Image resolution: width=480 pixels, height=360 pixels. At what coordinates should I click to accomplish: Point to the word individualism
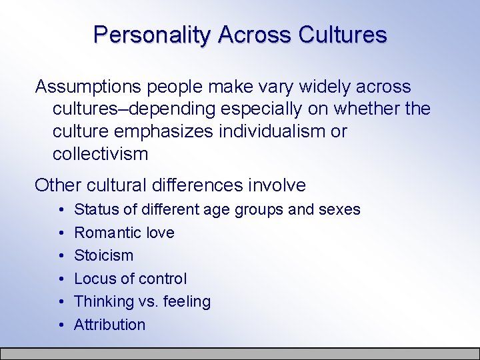tap(271, 131)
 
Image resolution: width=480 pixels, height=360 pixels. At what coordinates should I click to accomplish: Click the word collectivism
tap(100, 154)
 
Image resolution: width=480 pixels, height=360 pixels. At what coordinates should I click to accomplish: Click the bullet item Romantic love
tap(124, 233)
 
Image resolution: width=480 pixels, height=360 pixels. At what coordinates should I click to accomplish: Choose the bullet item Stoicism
tap(103, 255)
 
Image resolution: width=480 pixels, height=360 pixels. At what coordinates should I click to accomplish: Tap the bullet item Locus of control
tap(130, 279)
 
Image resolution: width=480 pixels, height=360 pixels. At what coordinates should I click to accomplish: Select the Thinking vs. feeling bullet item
tap(142, 301)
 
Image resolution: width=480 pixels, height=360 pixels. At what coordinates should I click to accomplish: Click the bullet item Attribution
tap(109, 325)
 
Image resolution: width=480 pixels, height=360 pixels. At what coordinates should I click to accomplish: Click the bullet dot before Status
tap(61, 210)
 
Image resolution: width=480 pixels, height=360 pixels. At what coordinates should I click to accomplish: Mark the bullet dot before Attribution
tap(61, 325)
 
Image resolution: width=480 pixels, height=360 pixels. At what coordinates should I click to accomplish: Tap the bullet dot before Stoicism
tap(61, 256)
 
